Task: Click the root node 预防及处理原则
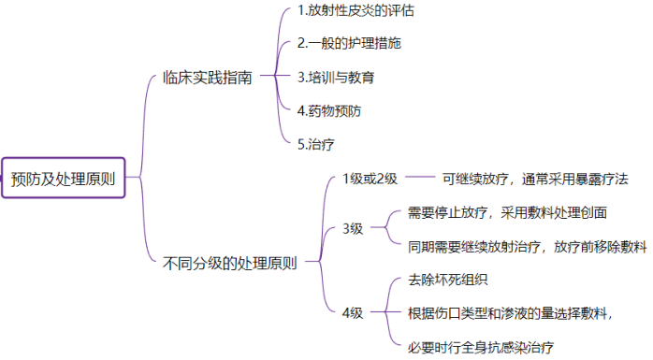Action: pyautogui.click(x=63, y=179)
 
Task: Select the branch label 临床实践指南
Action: pyautogui.click(x=207, y=79)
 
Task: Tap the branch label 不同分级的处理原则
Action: pyautogui.click(x=230, y=263)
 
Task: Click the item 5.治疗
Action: pyautogui.click(x=315, y=144)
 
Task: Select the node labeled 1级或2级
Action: pyautogui.click(x=370, y=179)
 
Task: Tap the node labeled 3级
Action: pyautogui.click(x=353, y=228)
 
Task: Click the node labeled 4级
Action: pyautogui.click(x=353, y=312)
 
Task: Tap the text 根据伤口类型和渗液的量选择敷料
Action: pyautogui.click(x=511, y=313)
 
